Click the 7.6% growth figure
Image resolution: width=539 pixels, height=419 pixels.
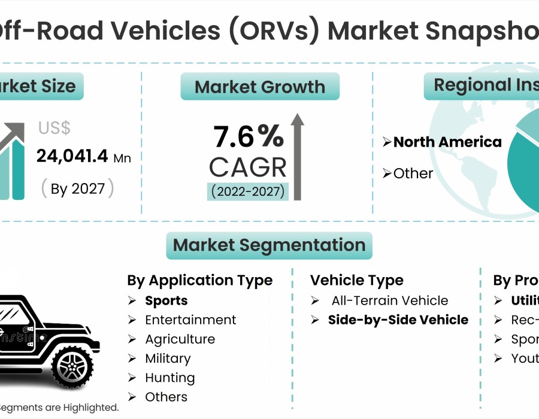coord(249,137)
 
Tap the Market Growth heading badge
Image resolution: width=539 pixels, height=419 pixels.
coord(260,87)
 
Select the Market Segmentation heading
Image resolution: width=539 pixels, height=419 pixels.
coord(269,245)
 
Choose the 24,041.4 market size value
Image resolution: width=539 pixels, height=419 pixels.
coord(72,157)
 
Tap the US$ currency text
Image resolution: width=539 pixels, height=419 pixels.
coord(54,128)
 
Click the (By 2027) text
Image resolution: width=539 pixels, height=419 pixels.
coord(77,189)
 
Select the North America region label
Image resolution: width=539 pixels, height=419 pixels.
coord(447,142)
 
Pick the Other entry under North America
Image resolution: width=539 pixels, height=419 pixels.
coord(413,173)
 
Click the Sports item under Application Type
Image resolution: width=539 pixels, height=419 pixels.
coord(166,300)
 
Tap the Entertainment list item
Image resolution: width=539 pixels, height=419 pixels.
coord(190,320)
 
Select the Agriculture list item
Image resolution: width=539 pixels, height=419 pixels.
coord(180,339)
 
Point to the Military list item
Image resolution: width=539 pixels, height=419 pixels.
coord(168,359)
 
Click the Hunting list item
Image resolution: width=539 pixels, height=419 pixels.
coord(169,378)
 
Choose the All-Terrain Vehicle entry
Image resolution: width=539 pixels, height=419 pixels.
coord(389,300)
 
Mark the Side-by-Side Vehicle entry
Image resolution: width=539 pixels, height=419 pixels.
coord(398,320)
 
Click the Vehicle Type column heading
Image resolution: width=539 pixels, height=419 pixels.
coord(357,280)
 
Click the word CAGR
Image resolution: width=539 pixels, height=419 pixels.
coord(248,167)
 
